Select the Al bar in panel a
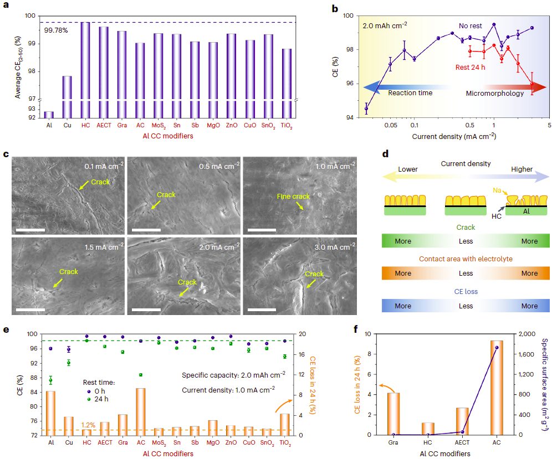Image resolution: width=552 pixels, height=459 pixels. [49, 115]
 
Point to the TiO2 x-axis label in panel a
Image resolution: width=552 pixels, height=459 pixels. [285, 127]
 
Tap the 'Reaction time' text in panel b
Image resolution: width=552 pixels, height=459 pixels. [410, 93]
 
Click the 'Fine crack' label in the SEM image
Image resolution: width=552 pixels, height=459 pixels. [294, 196]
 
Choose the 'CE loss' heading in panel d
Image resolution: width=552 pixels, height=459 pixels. [466, 292]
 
